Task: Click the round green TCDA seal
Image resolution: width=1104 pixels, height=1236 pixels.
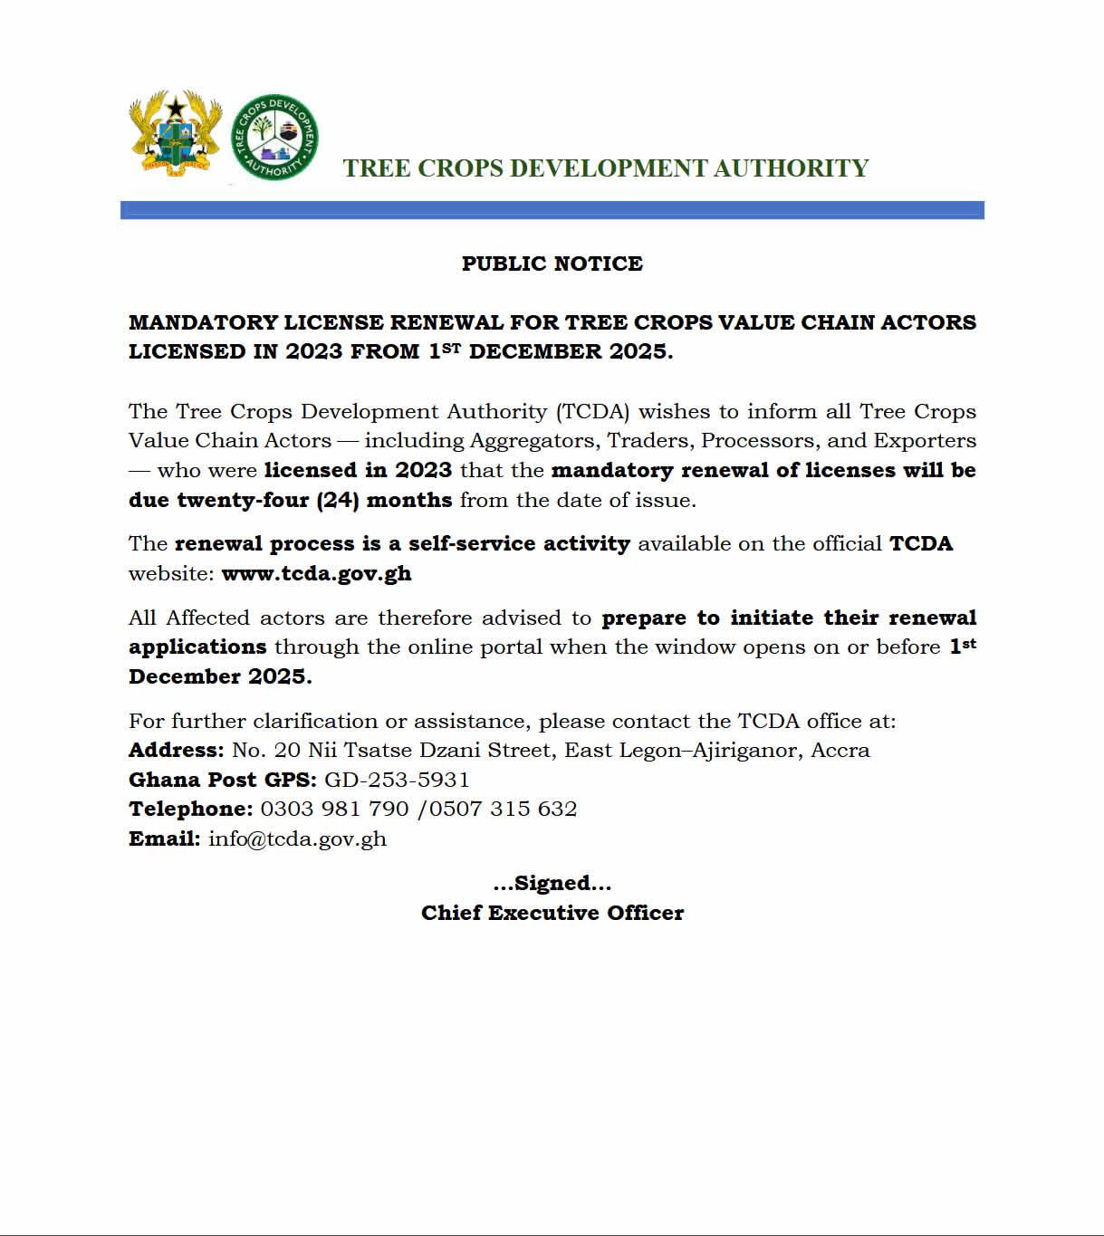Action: click(274, 137)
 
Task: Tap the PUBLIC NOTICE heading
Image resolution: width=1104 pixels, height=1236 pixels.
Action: click(552, 263)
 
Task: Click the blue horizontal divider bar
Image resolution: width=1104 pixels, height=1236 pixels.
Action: click(552, 210)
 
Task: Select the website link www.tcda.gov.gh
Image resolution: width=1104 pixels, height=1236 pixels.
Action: click(316, 573)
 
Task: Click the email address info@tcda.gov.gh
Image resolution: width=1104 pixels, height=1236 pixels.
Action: click(297, 838)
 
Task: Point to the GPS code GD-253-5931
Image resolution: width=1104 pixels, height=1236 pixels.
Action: click(397, 780)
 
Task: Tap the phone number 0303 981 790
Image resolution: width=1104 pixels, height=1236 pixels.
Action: click(334, 809)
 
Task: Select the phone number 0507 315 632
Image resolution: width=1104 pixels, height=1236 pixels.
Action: click(503, 809)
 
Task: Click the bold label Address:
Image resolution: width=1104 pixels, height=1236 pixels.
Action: click(176, 750)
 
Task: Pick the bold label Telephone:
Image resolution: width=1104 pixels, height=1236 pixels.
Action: click(190, 809)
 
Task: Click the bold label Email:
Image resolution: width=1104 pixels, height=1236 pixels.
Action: click(164, 838)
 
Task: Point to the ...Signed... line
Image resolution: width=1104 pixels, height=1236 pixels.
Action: click(552, 883)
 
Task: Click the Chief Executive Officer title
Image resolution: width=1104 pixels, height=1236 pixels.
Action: click(552, 913)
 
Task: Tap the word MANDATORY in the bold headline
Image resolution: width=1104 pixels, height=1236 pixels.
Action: click(202, 322)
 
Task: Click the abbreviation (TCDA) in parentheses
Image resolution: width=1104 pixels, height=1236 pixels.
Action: click(592, 411)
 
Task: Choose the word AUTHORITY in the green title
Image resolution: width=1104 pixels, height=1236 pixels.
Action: click(791, 168)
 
